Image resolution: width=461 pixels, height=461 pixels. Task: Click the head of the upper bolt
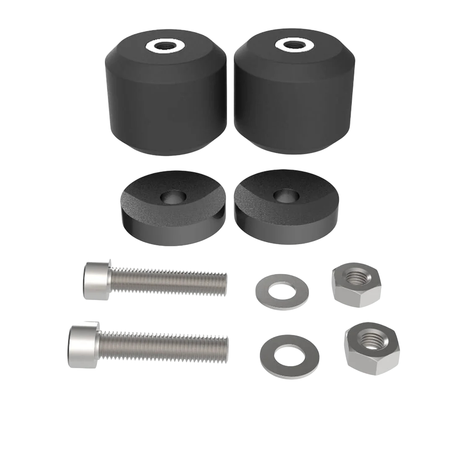(x=97, y=281)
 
